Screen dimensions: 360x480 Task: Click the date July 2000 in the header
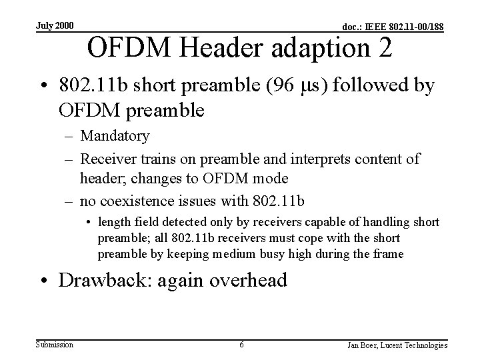point(55,26)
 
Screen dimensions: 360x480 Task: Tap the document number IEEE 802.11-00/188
point(394,27)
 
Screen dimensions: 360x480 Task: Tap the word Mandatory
point(115,136)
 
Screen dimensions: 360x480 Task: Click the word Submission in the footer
point(54,344)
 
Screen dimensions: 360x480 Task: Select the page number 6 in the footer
point(241,345)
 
